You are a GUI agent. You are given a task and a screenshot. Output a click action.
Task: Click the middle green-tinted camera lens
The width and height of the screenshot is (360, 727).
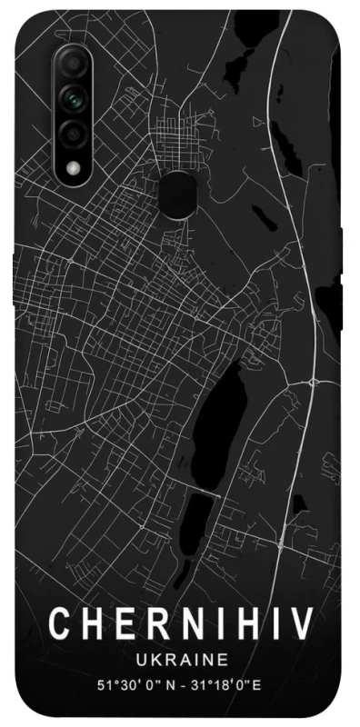pos(73,97)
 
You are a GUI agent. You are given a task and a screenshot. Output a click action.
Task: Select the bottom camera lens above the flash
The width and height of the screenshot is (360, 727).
pos(73,134)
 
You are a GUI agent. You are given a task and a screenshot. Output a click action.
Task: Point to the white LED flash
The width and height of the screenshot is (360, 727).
pos(73,167)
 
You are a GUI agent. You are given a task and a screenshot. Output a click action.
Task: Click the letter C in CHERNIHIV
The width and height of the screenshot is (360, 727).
pos(59,625)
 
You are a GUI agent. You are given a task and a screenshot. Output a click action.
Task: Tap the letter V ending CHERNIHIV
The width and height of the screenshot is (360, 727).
pos(301,625)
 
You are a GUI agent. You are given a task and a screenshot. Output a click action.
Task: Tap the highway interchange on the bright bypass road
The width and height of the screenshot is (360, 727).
pos(314,374)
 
